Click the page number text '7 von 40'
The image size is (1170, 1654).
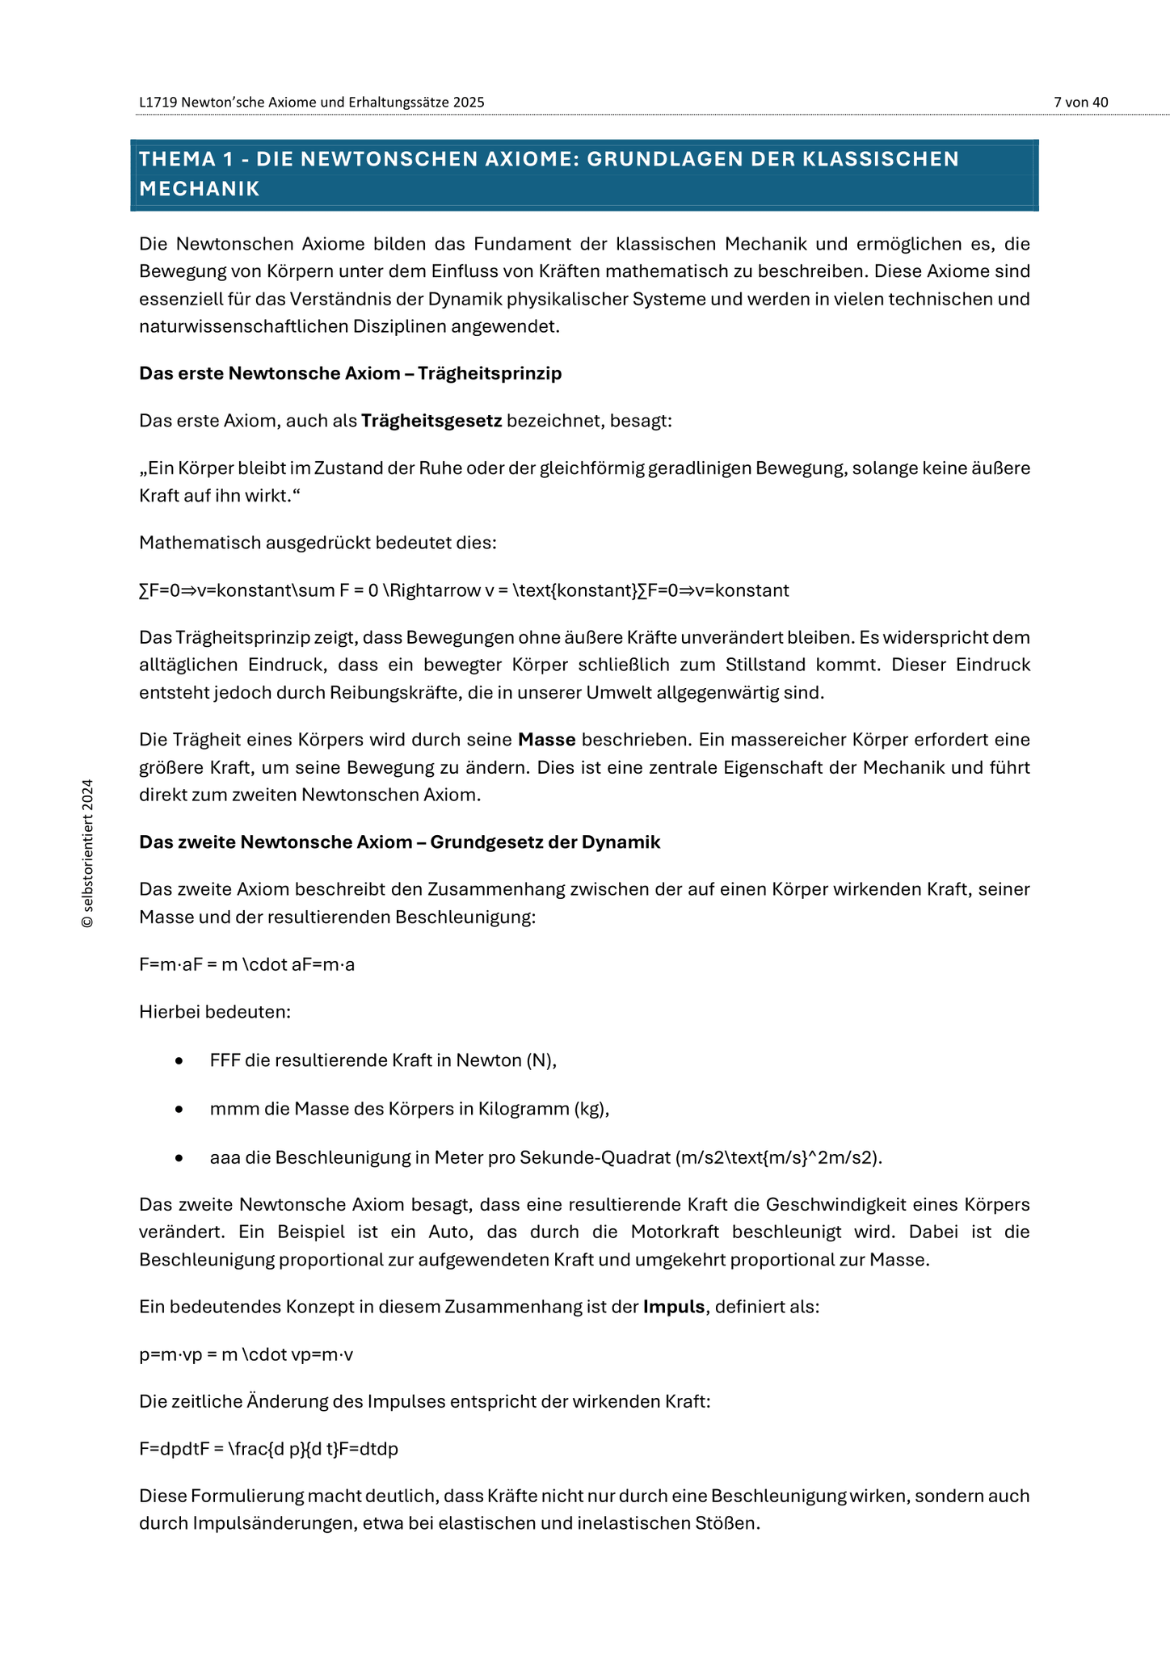tap(1080, 103)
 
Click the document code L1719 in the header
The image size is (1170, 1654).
tap(158, 103)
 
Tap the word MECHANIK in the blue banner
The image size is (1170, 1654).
tap(199, 189)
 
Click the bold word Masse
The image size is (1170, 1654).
tap(546, 740)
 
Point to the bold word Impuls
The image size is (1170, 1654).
tap(674, 1307)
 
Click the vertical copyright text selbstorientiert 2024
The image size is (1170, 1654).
tap(88, 854)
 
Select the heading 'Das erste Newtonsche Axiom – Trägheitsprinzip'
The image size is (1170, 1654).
tap(350, 373)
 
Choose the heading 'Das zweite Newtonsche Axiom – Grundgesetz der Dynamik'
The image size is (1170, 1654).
tap(399, 842)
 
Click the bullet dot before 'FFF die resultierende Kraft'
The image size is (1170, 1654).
tap(179, 1061)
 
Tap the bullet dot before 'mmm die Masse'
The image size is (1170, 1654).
tap(179, 1110)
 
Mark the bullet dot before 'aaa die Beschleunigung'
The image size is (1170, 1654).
tap(179, 1158)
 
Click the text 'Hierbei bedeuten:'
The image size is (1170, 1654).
tap(214, 1012)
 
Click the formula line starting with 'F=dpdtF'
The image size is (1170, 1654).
tap(268, 1449)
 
